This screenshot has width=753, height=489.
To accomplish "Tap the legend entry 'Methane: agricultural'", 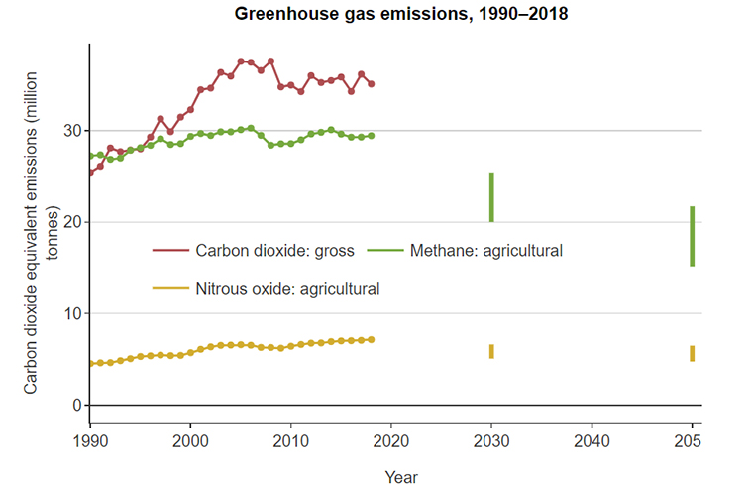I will (485, 251).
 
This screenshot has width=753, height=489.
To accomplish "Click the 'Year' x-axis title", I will (401, 477).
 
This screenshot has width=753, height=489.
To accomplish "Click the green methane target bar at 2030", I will (491, 197).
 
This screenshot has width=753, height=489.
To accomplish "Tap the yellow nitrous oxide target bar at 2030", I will (491, 351).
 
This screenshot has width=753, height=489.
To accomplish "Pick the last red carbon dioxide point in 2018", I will (371, 84).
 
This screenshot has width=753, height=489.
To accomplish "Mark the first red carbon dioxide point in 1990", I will (90, 173).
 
